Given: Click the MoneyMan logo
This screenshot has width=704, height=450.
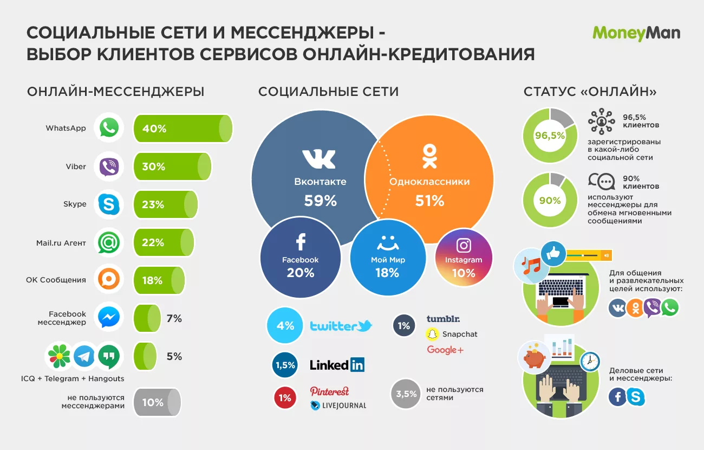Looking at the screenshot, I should (636, 34).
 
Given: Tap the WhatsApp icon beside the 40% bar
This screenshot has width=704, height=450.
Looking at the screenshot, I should (109, 128).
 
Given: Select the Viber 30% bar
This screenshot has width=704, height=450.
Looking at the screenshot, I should (172, 166).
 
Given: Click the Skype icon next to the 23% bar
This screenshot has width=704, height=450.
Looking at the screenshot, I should (109, 204).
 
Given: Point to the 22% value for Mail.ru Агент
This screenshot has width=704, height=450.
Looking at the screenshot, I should (153, 242).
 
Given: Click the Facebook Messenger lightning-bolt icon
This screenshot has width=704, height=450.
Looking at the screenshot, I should (109, 317).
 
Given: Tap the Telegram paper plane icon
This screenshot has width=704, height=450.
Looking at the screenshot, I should (84, 356).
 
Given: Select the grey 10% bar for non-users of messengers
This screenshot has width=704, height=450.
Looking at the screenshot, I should (157, 402).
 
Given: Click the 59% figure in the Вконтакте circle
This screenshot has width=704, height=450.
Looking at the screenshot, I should (320, 201).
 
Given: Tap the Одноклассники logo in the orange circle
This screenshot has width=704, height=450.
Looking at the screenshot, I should (429, 156).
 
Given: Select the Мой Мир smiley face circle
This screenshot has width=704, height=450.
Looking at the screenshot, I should (388, 258).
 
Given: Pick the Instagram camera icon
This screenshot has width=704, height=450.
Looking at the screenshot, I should (464, 245).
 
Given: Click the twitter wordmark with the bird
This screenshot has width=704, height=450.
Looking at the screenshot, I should (341, 326).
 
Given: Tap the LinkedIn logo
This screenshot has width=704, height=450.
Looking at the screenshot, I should (337, 365).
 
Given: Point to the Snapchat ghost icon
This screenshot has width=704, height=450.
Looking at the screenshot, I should (432, 334).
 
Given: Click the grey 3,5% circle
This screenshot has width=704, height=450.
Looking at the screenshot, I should (406, 394).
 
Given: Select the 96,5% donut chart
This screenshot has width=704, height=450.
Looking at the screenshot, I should (549, 136).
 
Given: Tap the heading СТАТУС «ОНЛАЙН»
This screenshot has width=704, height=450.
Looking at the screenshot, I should (590, 92).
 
